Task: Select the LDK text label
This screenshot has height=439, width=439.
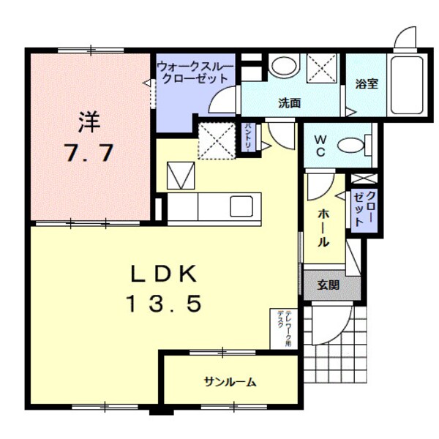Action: pos(164,274)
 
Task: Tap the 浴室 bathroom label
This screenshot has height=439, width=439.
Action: pos(367,84)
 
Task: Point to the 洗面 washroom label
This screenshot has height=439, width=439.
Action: pos(290,103)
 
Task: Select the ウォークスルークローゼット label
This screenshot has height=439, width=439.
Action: pos(195,72)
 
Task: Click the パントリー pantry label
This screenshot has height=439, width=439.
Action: pos(249,137)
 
